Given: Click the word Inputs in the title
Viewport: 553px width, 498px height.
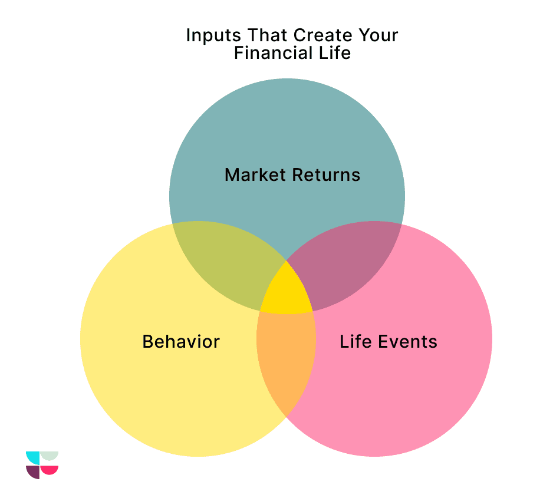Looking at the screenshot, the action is click(x=208, y=35).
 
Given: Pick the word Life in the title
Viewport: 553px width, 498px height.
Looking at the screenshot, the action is click(x=334, y=53).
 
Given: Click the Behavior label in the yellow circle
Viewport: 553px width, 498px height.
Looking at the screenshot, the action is click(x=181, y=342).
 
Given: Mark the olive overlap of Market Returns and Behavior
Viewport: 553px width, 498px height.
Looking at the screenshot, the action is click(x=224, y=265).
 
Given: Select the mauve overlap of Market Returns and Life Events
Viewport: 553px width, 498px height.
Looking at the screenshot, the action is click(x=348, y=265).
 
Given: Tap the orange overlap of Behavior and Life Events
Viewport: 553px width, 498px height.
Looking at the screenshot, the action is click(x=287, y=360).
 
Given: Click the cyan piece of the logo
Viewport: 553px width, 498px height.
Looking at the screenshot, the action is click(x=33, y=457).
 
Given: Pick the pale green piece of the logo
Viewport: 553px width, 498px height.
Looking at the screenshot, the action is click(x=50, y=456).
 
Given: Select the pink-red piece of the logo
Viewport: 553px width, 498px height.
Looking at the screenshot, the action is click(x=50, y=470).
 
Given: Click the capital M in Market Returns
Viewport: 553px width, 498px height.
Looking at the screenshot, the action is click(x=232, y=175).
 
